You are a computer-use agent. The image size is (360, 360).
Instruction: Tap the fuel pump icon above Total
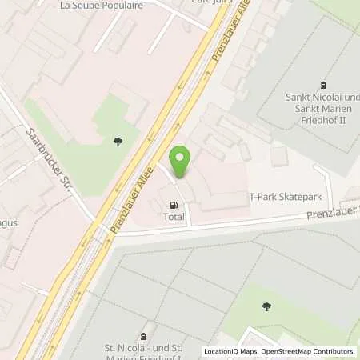(x=174, y=205)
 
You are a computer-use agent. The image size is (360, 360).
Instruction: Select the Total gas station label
(x=174, y=217)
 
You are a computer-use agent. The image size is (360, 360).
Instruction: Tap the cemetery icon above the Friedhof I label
(x=144, y=336)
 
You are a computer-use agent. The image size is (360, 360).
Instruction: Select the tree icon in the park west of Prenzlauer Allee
(x=118, y=142)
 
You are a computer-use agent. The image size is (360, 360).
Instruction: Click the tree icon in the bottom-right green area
(x=266, y=306)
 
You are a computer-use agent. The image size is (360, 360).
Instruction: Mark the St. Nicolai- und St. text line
(x=147, y=349)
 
